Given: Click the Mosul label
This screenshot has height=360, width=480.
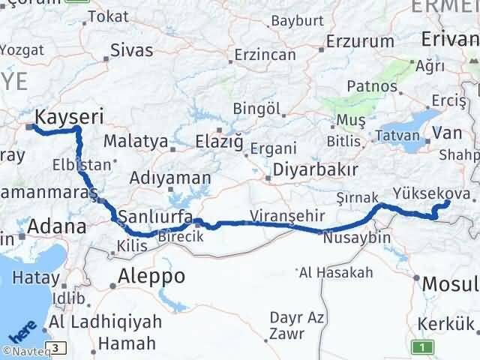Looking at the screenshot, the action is click(x=450, y=284).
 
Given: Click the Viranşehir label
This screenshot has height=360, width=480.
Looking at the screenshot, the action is click(x=288, y=215).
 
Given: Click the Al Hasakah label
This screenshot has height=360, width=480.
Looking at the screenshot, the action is click(x=335, y=272).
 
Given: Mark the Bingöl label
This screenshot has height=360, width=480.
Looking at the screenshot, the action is click(x=256, y=109).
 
